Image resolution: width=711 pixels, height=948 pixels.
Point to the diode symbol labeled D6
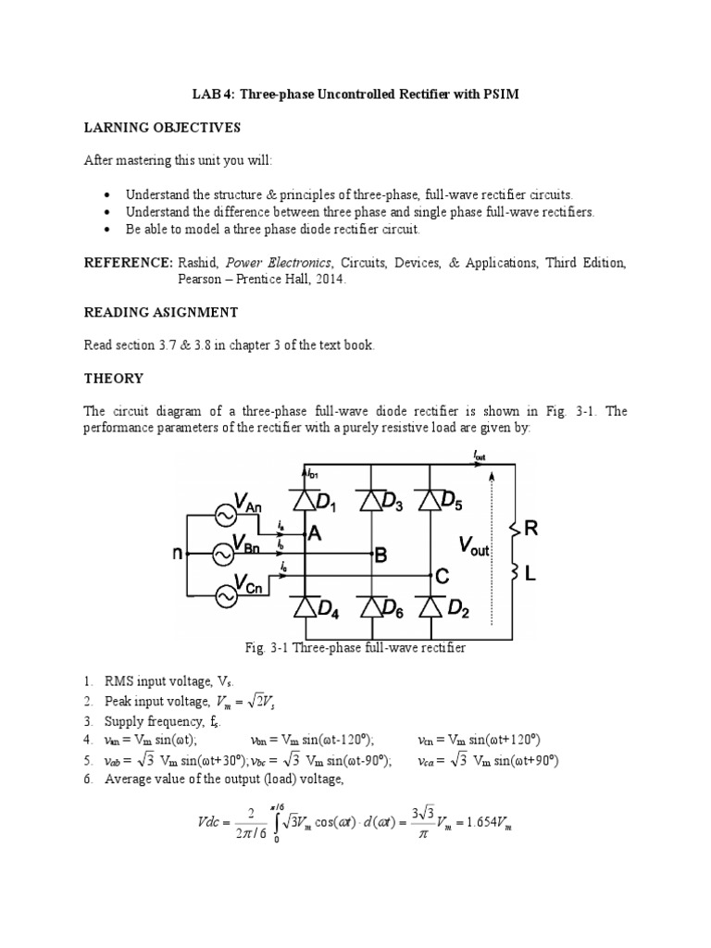click(372, 607)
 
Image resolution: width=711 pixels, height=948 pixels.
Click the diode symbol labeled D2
click(429, 607)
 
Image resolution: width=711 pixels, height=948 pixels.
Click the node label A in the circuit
click(316, 534)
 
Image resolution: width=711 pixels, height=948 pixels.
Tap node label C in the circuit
click(443, 577)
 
